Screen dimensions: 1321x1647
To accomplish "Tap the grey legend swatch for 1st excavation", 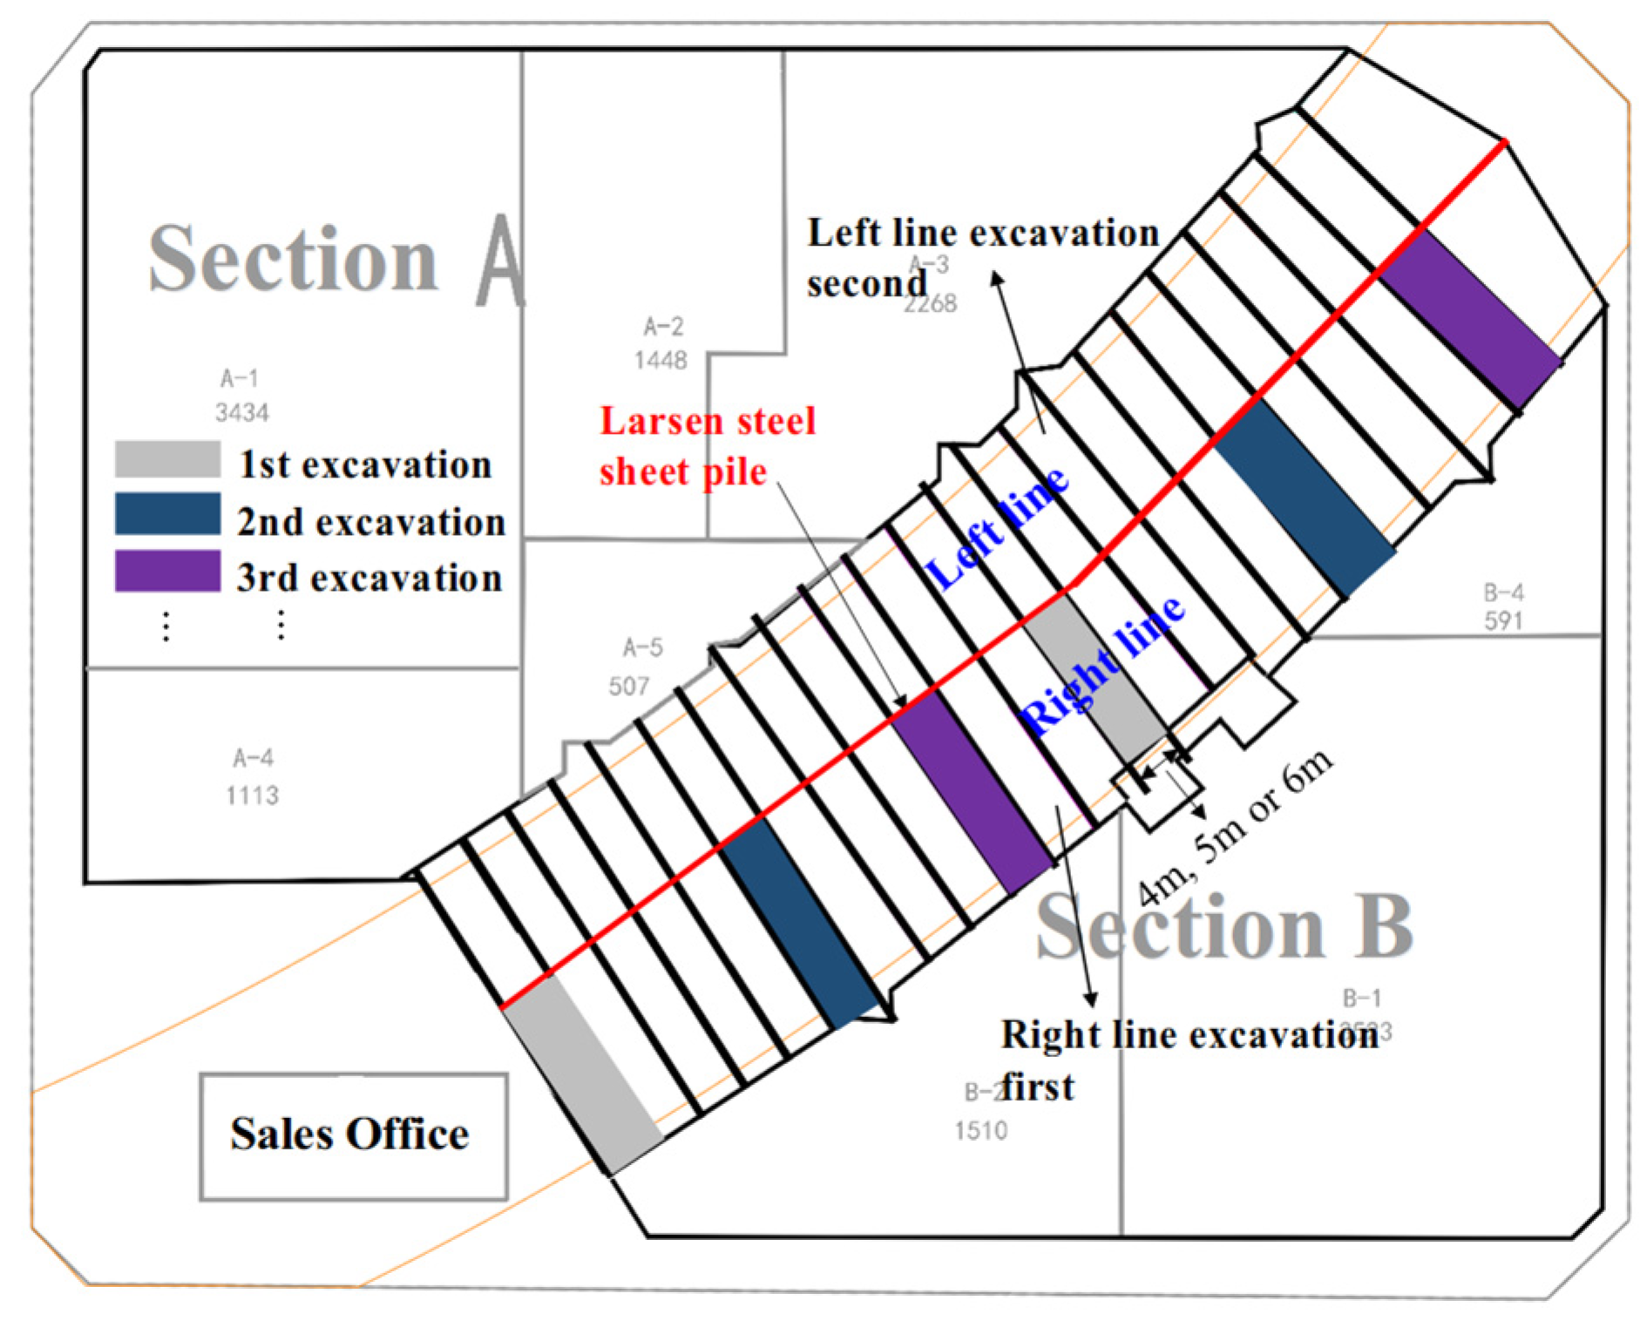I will [x=167, y=459].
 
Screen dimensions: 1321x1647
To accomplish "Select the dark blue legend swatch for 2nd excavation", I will [x=167, y=514].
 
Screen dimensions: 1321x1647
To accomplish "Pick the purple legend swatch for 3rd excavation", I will [x=167, y=571].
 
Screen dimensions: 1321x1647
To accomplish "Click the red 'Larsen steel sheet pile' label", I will [x=707, y=446].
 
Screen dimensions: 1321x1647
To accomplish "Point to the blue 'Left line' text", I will [x=997, y=526].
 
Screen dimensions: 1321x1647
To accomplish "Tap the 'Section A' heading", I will [x=335, y=259].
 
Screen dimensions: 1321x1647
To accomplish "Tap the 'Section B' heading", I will [x=1223, y=928].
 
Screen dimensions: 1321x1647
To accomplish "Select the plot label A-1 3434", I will [x=241, y=395].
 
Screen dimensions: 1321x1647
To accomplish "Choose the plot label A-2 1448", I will [x=662, y=342].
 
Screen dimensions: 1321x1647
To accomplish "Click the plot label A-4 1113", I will [x=253, y=776].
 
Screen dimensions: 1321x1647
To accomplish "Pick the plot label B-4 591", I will [x=1503, y=606].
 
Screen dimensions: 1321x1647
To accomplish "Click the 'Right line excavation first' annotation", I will [x=1189, y=1060].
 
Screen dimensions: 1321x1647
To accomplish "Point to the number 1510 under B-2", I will [x=981, y=1131].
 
